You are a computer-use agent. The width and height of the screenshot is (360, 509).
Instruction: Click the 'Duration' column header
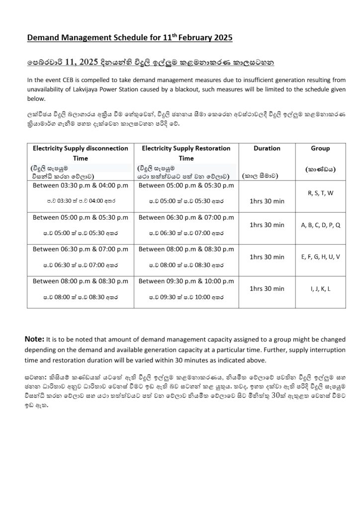tap(267, 148)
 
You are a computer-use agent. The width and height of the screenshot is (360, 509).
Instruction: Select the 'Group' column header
tap(320, 148)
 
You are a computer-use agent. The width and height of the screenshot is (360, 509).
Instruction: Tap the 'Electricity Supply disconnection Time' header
tap(80, 153)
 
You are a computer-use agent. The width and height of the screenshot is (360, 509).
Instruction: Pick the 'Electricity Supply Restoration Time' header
tap(186, 153)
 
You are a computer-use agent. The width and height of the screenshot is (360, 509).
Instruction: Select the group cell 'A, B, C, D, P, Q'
tap(321, 225)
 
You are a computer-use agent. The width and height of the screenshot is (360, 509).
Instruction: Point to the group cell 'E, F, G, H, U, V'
tap(321, 256)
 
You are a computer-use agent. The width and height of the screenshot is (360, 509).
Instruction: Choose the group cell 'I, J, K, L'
tap(321, 288)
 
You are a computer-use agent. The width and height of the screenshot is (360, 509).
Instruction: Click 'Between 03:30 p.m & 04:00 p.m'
tap(80, 185)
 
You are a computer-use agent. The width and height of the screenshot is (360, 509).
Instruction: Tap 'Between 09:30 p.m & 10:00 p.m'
tap(186, 281)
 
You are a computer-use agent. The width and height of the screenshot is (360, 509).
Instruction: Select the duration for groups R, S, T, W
tap(267, 201)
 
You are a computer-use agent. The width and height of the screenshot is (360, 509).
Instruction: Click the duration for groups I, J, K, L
tap(267, 288)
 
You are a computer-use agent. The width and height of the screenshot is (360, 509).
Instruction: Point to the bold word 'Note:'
tap(34, 339)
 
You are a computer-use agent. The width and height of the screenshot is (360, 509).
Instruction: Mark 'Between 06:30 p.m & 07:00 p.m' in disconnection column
tap(80, 249)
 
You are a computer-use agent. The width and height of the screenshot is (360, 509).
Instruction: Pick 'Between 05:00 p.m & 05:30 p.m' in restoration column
tap(186, 185)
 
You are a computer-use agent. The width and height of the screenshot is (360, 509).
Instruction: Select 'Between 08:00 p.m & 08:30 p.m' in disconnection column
tap(80, 281)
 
